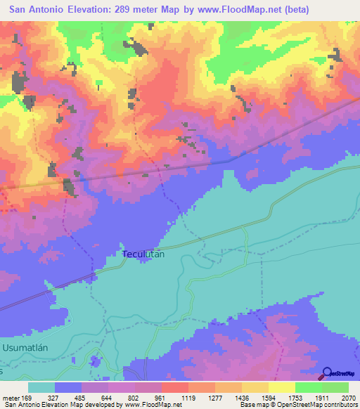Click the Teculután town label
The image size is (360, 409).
[143, 254]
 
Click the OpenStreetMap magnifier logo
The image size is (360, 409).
[328, 373]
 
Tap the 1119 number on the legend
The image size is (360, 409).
[188, 397]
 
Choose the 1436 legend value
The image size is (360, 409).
[242, 397]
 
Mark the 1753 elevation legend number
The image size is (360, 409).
[295, 397]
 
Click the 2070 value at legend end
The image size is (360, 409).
[349, 397]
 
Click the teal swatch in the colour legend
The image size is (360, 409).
[41, 387]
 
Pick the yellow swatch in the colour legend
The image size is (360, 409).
[282, 387]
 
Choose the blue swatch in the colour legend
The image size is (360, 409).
[68, 387]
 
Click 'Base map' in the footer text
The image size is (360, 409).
[255, 405]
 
